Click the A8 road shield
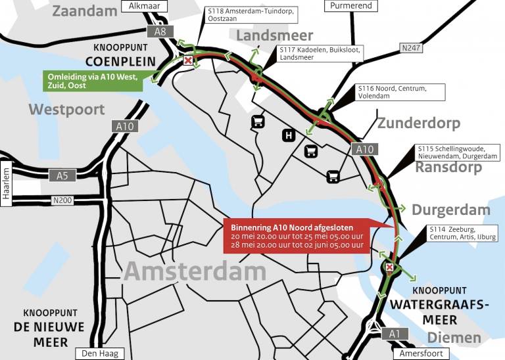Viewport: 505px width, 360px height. (160, 31)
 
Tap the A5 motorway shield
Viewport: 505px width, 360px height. (62, 175)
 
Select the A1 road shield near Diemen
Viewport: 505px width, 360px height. (394, 334)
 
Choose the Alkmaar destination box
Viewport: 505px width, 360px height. (139, 6)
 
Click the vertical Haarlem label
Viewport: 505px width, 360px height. (7, 183)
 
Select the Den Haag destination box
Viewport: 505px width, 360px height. (98, 353)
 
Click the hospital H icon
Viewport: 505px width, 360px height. (287, 136)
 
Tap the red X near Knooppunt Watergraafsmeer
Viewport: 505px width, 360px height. (390, 267)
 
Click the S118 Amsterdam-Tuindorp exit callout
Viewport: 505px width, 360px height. (241, 16)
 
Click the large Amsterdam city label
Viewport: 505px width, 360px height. (195, 271)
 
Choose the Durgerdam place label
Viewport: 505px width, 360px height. (451, 210)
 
